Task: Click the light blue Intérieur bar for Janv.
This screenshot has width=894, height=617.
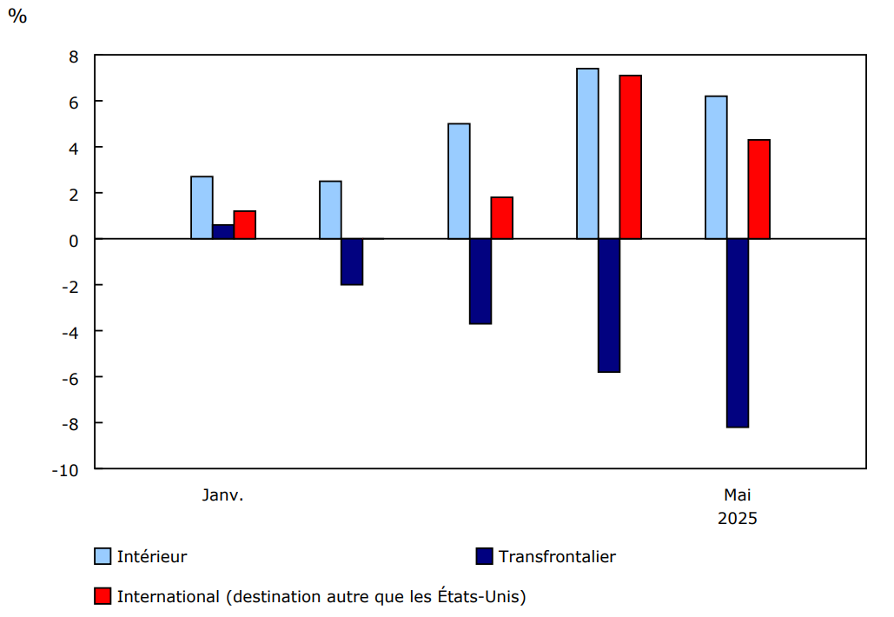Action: click(x=202, y=208)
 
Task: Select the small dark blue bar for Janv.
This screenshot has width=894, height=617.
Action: click(x=223, y=232)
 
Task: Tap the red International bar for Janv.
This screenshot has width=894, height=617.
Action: click(x=245, y=225)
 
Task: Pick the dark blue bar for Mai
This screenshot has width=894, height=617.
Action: click(x=738, y=333)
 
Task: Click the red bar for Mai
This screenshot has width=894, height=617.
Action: click(x=759, y=189)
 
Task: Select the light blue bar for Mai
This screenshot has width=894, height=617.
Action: click(x=716, y=168)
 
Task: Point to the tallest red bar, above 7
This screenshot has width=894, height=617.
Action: click(x=631, y=157)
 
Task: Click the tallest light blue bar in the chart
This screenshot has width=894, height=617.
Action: click(x=587, y=154)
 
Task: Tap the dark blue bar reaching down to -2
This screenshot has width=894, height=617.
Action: click(x=352, y=262)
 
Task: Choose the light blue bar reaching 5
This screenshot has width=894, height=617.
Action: click(x=459, y=181)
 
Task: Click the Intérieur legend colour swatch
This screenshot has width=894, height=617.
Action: click(x=103, y=556)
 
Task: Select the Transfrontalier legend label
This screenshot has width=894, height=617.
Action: click(x=557, y=556)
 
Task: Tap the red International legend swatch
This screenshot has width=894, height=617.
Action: click(x=103, y=596)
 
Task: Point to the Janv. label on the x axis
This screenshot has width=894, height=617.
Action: click(x=223, y=495)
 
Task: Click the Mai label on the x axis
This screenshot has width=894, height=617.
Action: click(x=738, y=495)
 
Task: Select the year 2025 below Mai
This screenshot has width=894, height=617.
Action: click(x=738, y=519)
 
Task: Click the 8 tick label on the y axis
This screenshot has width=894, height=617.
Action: click(x=74, y=56)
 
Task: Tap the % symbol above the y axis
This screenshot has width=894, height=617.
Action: click(x=17, y=16)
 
